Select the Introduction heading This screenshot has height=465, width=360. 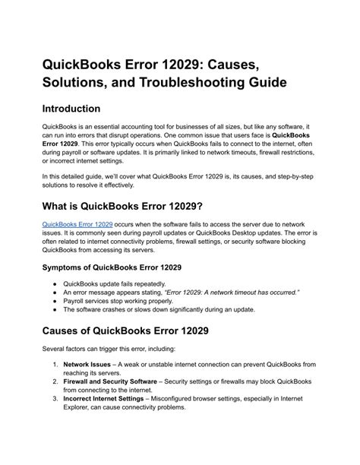click(83, 109)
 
